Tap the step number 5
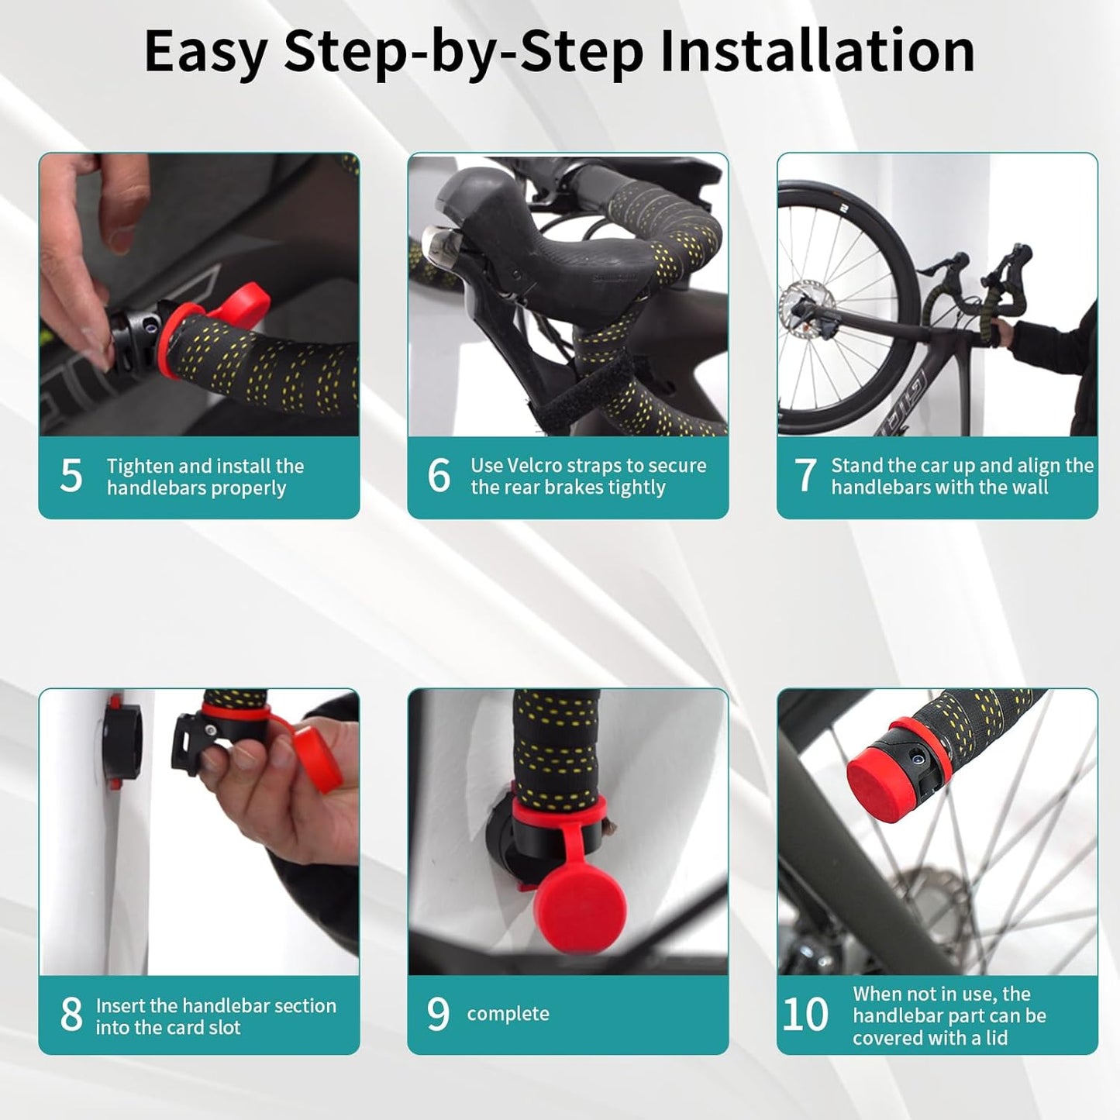pos(71,476)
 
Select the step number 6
pos(439,475)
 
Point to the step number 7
pos(805,475)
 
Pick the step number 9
pos(438,1014)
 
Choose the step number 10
pos(805,1015)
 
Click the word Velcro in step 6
pos(537,465)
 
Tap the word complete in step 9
pos(508,1014)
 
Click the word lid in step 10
pos(995,1038)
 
